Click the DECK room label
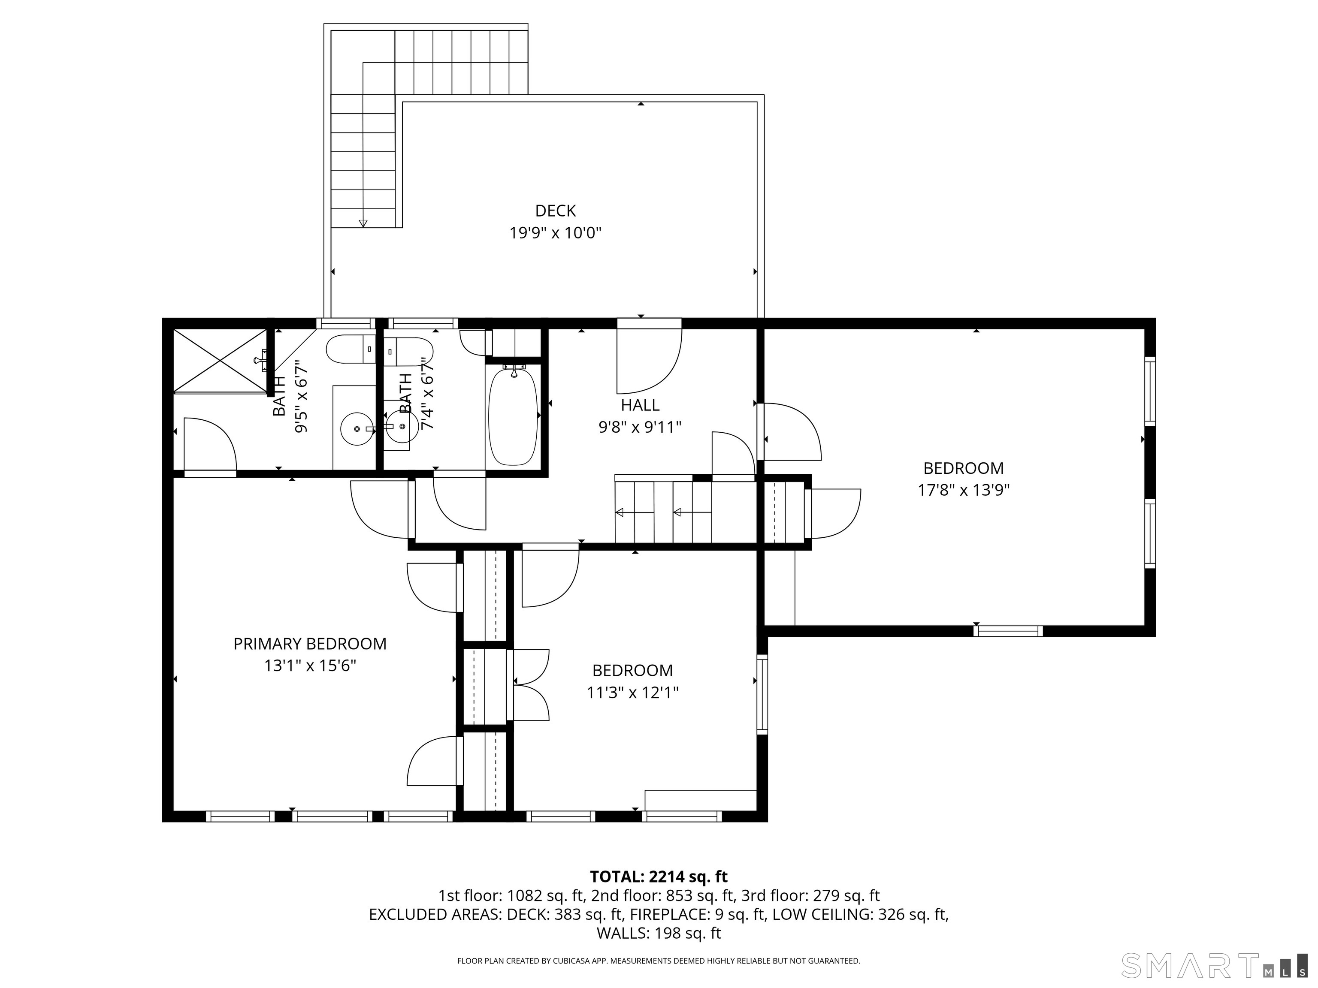click(x=555, y=211)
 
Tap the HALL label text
click(x=640, y=405)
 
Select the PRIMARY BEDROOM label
click(x=310, y=644)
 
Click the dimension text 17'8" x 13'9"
click(x=964, y=490)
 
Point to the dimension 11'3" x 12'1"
click(x=633, y=693)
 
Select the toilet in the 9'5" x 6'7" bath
click(x=351, y=349)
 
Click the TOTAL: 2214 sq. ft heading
click(x=659, y=877)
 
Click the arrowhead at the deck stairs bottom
click(x=363, y=223)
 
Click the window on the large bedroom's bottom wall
click(x=1008, y=631)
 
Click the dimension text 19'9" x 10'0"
click(x=555, y=233)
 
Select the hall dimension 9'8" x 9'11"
click(x=640, y=427)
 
